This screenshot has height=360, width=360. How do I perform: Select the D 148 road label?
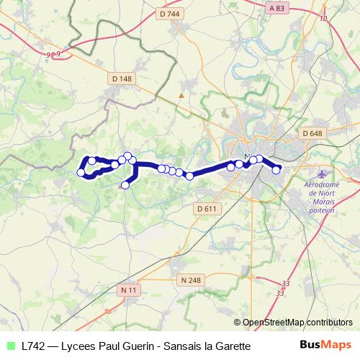pos(122,78)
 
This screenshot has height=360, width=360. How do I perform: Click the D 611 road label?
pos(206,208)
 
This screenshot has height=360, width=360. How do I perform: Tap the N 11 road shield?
pos(128,289)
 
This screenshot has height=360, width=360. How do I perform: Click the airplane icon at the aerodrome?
pos(321,175)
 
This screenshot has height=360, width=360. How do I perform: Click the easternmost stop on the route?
pos(276,170)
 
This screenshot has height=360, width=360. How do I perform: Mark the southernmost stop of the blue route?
pos(125,185)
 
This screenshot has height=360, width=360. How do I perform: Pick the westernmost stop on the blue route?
pos(81,172)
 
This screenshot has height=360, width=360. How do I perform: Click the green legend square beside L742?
pos(9,346)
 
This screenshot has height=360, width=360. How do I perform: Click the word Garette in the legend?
pos(231,346)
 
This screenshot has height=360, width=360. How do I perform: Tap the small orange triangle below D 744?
pos(182,94)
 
